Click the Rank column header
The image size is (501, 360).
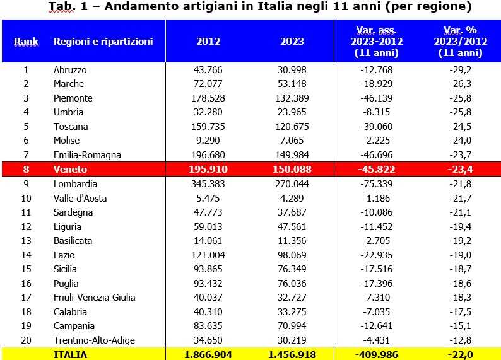(27, 42)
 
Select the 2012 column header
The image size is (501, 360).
(208, 42)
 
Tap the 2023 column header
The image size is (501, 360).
(292, 42)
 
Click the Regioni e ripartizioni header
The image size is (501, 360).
(103, 42)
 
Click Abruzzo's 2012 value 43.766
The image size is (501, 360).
(208, 69)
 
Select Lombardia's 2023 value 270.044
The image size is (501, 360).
(292, 184)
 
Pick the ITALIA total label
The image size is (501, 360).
(70, 355)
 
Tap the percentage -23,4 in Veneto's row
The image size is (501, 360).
(459, 170)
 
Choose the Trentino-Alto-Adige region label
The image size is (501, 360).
(94, 340)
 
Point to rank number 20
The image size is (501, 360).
(27, 340)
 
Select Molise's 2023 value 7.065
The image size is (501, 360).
(292, 141)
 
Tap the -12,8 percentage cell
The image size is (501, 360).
(459, 340)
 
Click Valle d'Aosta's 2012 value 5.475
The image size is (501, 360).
(208, 198)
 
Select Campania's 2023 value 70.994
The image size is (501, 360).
(292, 326)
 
